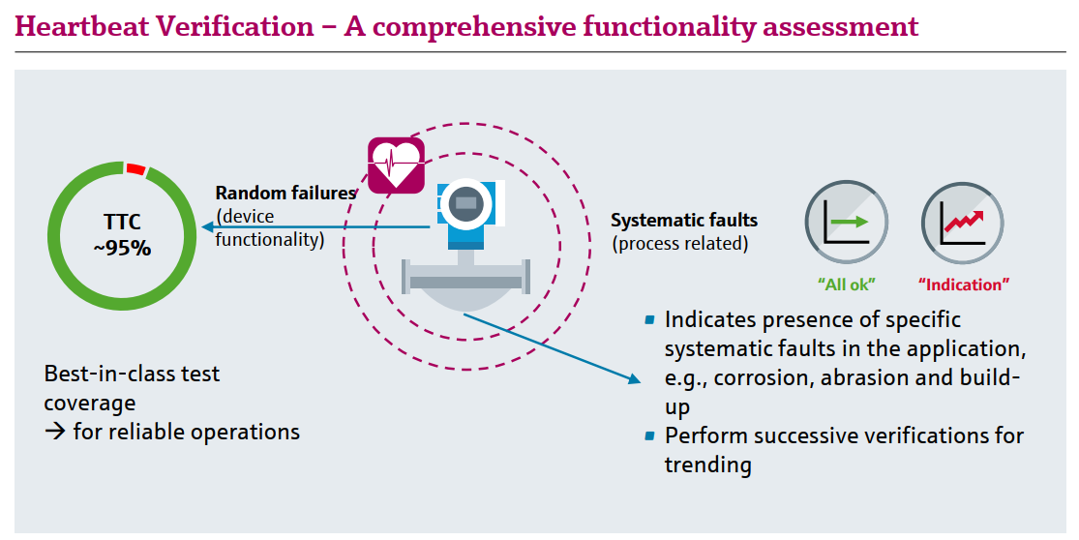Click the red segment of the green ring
tap(135, 169)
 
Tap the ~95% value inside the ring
tap(122, 249)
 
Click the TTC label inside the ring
tap(123, 223)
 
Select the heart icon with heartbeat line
tap(396, 164)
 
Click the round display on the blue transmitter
tap(466, 202)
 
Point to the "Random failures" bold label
tap(285, 194)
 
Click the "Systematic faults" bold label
tap(684, 221)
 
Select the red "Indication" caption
tap(963, 285)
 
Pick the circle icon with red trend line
tap(962, 225)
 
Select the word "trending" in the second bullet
tap(707, 465)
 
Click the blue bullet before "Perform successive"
tap(650, 435)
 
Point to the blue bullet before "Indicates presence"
tap(650, 319)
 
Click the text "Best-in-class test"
tap(133, 374)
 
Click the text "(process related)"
tap(680, 244)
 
